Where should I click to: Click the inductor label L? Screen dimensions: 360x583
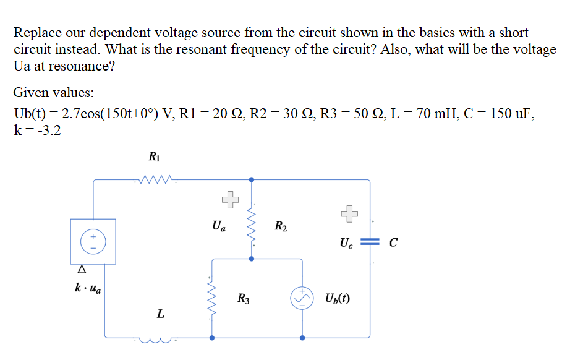click(x=160, y=314)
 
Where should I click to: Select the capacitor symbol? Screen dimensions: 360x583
click(x=370, y=242)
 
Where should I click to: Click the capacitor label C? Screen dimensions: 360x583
click(x=393, y=242)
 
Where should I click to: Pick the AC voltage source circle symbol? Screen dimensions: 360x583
click(x=302, y=299)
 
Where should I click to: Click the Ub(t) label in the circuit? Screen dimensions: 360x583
click(x=337, y=299)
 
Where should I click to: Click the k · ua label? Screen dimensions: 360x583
click(x=88, y=288)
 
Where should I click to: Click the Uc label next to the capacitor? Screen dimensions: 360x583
click(x=346, y=243)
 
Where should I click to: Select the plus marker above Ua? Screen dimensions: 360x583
click(x=229, y=199)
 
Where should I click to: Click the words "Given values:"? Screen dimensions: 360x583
click(x=54, y=93)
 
